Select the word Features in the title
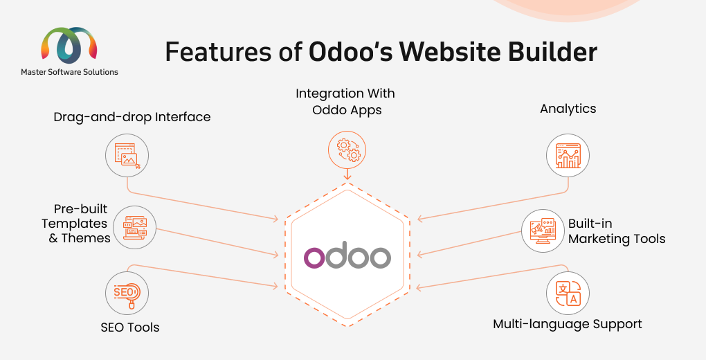click(x=217, y=52)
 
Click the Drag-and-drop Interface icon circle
click(x=127, y=156)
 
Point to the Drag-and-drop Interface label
click(x=132, y=117)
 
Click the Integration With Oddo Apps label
click(x=345, y=102)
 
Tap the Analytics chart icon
click(x=568, y=156)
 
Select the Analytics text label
click(x=568, y=109)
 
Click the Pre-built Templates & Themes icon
click(x=134, y=228)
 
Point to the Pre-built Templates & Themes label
click(x=75, y=224)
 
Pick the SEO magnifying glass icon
click(x=127, y=294)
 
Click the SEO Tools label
click(x=130, y=327)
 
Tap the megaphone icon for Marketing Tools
click(x=543, y=231)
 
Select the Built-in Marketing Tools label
click(x=617, y=231)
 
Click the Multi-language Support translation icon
click(x=568, y=294)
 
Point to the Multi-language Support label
click(x=568, y=324)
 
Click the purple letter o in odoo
click(x=314, y=258)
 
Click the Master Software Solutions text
click(x=69, y=71)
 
